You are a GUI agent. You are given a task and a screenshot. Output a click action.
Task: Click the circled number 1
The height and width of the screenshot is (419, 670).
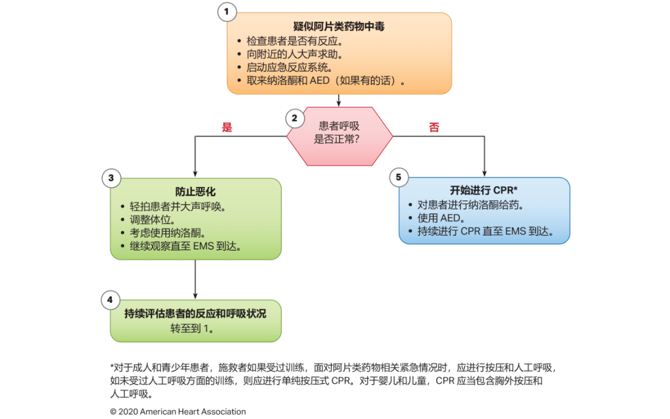(x=227, y=11)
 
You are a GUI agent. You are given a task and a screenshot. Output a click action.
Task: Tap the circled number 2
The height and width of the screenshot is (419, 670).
(x=295, y=117)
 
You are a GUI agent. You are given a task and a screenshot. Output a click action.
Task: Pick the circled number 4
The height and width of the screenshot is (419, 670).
(x=110, y=300)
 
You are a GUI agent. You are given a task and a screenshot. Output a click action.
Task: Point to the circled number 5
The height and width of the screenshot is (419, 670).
(x=398, y=178)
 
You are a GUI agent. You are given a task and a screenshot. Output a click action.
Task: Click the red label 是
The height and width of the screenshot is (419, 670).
(x=227, y=127)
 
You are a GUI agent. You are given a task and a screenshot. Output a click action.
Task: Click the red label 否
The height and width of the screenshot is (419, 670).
(x=434, y=127)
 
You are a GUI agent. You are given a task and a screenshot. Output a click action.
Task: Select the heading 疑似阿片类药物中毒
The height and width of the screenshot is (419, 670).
(x=339, y=26)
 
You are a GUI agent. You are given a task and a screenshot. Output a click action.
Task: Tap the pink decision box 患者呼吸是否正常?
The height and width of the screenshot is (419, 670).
(x=339, y=132)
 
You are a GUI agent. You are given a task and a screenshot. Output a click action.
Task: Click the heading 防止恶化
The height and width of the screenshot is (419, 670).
(x=195, y=192)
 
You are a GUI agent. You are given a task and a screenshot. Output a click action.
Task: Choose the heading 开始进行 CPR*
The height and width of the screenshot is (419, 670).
(x=484, y=191)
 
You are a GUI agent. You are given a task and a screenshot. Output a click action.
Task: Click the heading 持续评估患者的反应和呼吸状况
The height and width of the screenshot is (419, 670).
(x=195, y=313)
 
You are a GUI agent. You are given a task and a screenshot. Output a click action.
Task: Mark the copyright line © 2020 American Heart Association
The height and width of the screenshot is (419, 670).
(x=178, y=412)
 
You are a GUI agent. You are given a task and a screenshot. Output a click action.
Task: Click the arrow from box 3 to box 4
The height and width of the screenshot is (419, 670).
(x=195, y=279)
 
